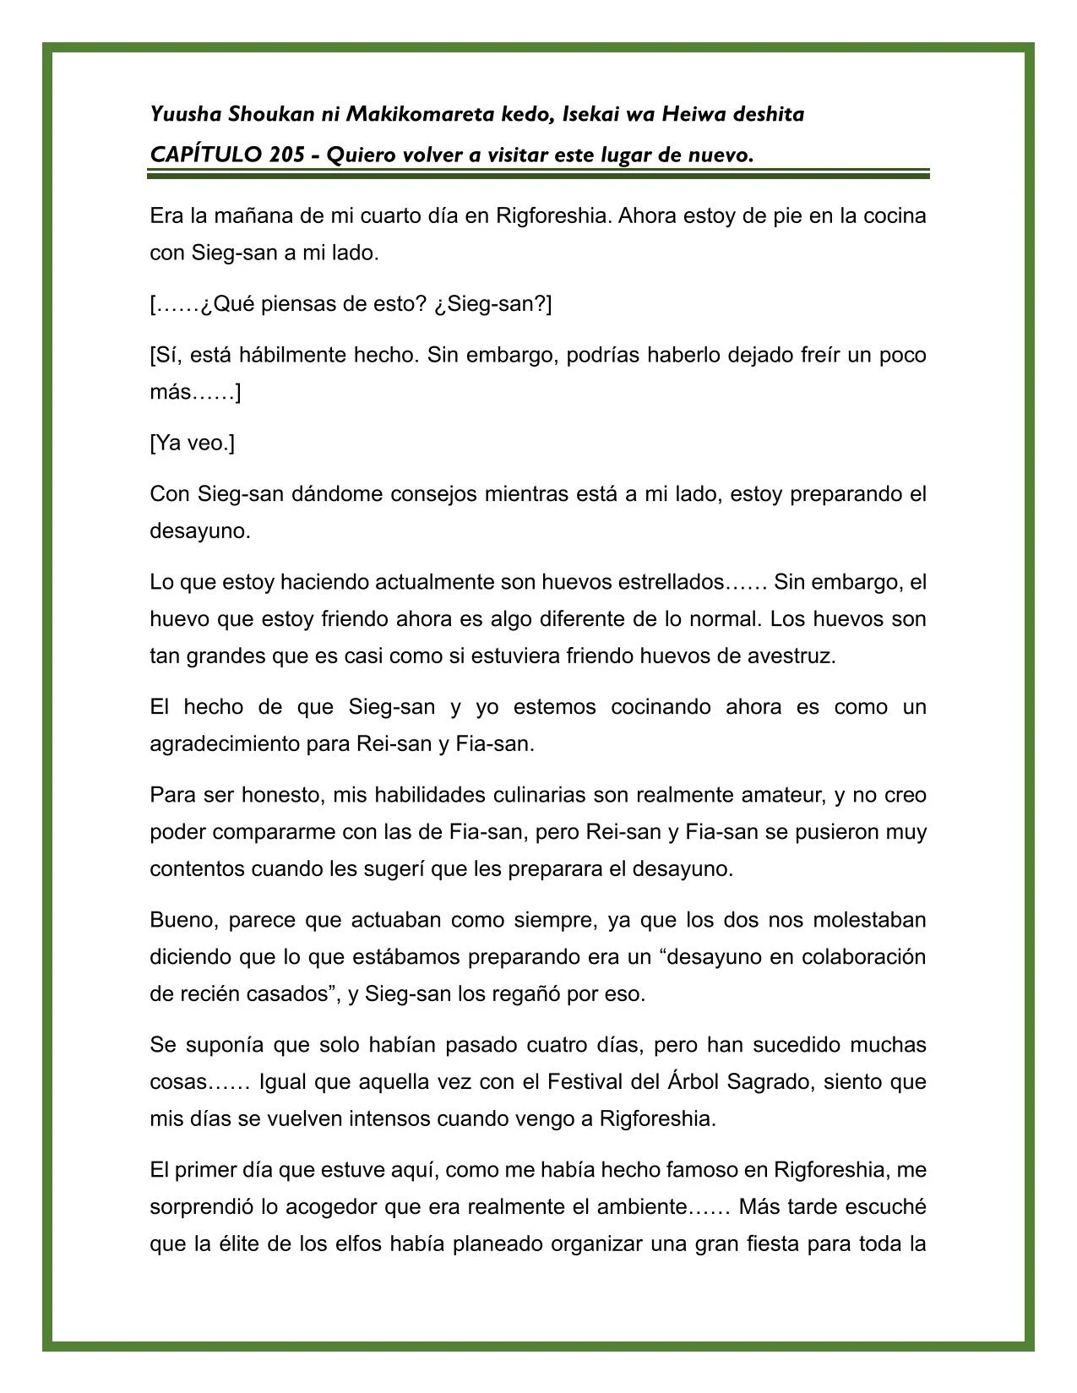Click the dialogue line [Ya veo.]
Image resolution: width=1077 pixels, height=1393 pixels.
(x=193, y=443)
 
